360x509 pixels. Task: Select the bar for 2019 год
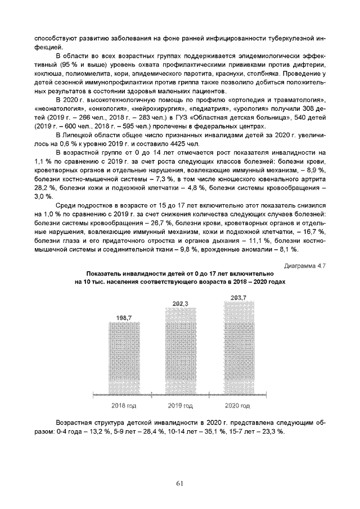pos(180,352)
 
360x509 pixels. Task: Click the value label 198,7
pos(124,318)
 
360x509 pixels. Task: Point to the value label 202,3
pos(180,304)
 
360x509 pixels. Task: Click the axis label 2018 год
pos(124,405)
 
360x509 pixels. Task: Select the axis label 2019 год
pos(181,405)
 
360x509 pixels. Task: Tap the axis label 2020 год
pos(237,405)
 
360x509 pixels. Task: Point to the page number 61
pos(180,483)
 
